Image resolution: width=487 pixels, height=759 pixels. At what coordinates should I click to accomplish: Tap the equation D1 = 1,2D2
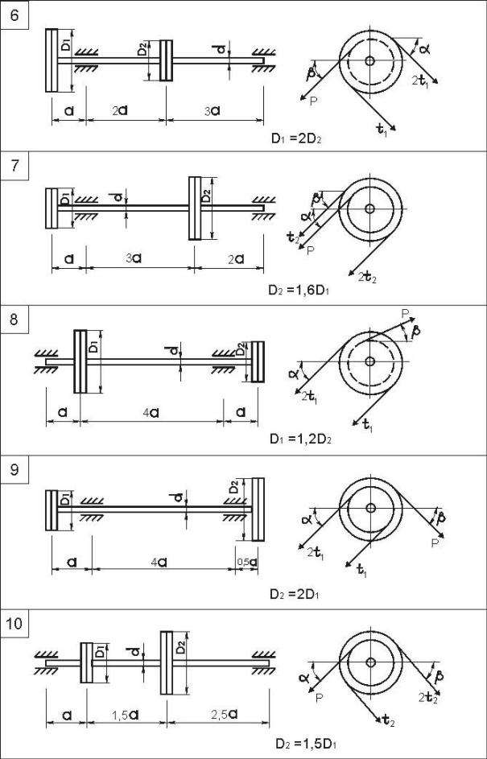[x=303, y=440]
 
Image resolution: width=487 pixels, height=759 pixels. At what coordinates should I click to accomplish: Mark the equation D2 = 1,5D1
[x=304, y=742]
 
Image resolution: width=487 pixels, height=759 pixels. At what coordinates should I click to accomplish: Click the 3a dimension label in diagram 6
[x=212, y=110]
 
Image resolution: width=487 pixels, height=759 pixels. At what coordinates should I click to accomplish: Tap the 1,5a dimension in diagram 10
[x=125, y=715]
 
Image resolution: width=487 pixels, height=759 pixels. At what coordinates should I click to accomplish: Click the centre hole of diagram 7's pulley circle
[x=369, y=208]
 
